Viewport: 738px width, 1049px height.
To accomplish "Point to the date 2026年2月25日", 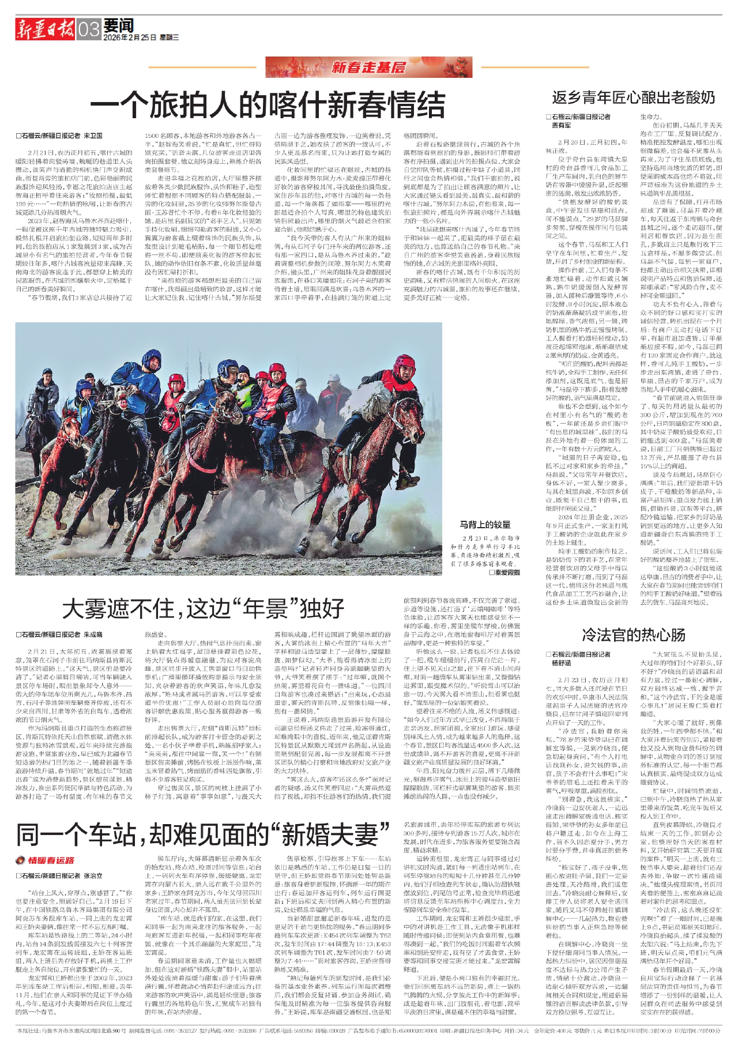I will (x=130, y=37).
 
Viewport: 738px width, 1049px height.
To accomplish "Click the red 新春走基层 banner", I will (x=368, y=67).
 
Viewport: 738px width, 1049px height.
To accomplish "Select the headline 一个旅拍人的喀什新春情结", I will (x=268, y=105).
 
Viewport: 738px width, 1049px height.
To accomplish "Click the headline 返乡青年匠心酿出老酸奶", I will (x=633, y=97).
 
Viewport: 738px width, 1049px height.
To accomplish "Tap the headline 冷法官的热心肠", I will (x=633, y=635).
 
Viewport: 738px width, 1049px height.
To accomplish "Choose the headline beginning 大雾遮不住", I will (x=203, y=608).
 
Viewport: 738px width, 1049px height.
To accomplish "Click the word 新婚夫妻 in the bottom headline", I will (x=329, y=833).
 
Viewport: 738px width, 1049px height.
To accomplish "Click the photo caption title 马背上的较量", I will (x=485, y=524).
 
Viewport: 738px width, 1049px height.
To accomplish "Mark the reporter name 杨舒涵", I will (x=562, y=663).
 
